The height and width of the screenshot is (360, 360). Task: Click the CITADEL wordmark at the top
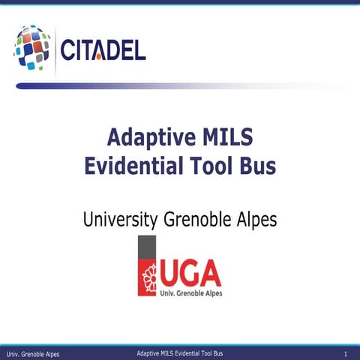click(103, 50)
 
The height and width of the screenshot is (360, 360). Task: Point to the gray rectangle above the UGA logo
click(147, 248)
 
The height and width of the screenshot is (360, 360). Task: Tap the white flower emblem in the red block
click(147, 280)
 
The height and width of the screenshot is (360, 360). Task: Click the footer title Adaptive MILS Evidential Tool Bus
click(180, 352)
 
